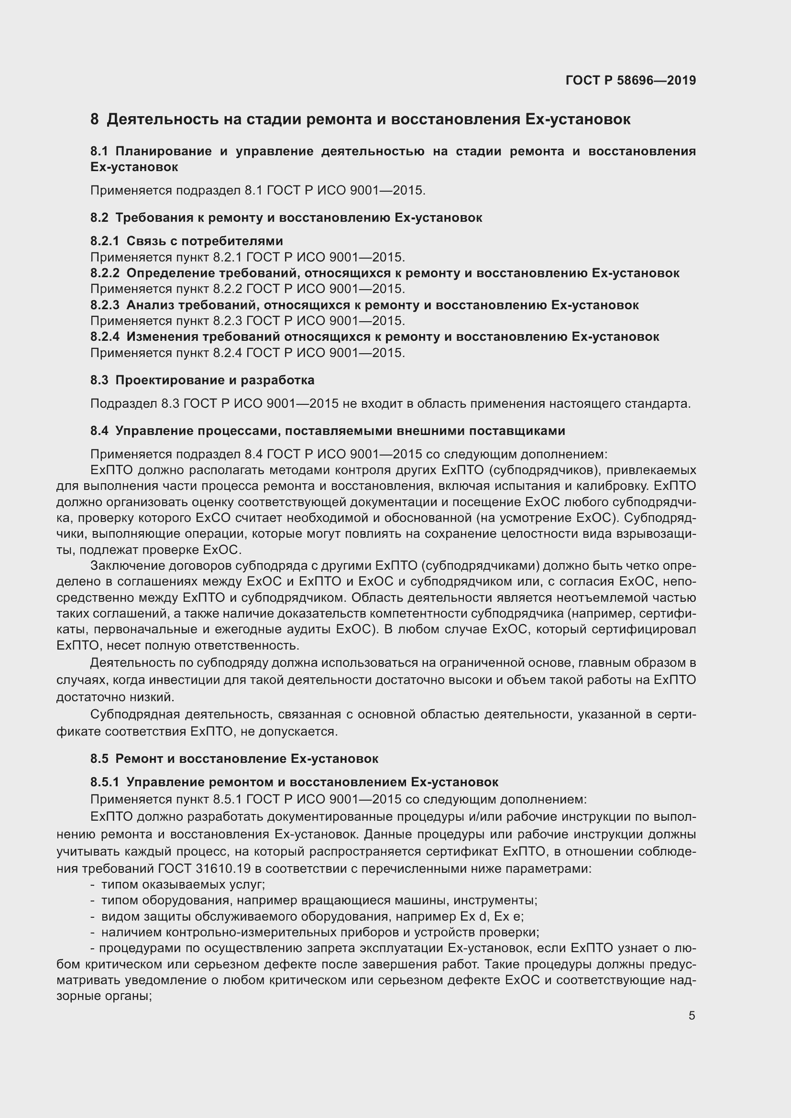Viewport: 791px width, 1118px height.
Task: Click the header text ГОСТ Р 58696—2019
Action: point(631,80)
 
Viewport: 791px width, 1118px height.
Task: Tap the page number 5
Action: point(692,1012)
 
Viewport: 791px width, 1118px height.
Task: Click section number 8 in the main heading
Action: point(95,119)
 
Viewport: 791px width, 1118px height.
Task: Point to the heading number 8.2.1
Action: point(104,241)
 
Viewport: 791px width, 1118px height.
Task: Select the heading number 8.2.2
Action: point(104,273)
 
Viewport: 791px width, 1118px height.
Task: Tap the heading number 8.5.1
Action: point(104,782)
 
